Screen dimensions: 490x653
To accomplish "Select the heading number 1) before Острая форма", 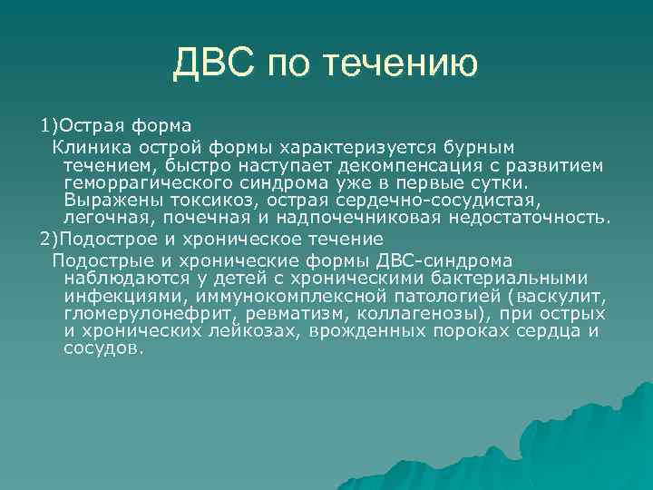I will pos(47,124).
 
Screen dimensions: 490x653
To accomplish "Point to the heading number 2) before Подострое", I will pos(47,240).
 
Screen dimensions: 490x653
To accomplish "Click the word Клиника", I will pos(89,144).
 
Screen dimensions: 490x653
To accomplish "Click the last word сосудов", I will pos(102,348).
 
